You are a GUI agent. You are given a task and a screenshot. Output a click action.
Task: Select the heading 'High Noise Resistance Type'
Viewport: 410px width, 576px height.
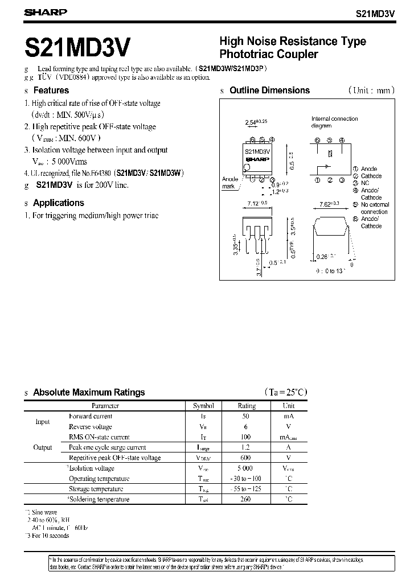click(293, 42)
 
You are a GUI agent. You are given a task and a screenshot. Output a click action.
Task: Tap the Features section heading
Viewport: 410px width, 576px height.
click(51, 90)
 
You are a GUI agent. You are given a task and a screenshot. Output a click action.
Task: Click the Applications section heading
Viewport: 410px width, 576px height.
click(58, 203)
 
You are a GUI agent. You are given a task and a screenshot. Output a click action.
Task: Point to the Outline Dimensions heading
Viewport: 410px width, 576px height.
click(269, 90)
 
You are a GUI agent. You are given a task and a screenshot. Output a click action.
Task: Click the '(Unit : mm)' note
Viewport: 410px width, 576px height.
click(371, 90)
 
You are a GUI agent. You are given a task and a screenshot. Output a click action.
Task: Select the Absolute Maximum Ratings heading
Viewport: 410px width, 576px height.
click(89, 392)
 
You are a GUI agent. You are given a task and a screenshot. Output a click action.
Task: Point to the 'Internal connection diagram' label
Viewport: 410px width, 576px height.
click(334, 122)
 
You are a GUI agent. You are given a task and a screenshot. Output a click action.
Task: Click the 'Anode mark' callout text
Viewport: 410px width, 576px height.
click(229, 183)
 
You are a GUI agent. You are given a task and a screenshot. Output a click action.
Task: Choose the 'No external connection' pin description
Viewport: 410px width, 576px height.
click(375, 208)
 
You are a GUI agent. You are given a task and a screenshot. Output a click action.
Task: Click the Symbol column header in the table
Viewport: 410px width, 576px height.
click(203, 406)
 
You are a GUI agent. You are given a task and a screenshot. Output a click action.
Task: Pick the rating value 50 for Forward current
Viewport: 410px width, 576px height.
click(247, 416)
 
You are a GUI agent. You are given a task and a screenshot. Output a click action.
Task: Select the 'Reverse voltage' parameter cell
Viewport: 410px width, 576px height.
click(90, 426)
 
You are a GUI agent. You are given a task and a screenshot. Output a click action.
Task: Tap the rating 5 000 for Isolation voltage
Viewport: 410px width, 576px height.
click(247, 468)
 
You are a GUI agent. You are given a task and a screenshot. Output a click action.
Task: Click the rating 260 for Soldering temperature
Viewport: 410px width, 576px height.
click(247, 499)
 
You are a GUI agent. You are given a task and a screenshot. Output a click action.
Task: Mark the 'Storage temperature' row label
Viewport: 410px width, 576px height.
click(96, 489)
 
